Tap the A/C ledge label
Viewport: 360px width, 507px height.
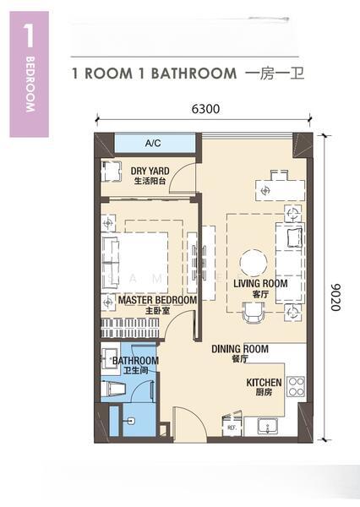coord(154,143)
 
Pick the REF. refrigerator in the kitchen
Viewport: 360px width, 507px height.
coord(232,427)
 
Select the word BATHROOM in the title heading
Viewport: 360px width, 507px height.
coord(194,74)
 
